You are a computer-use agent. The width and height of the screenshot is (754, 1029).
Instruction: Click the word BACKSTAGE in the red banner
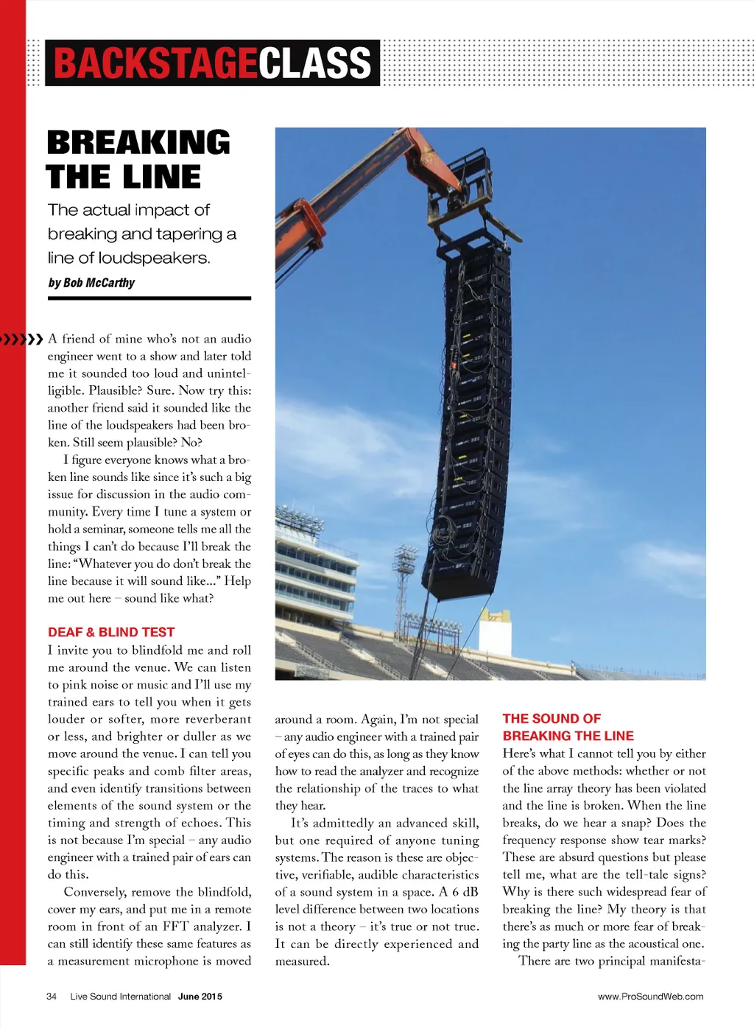coord(155,63)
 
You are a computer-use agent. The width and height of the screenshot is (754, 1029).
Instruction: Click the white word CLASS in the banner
coord(315,63)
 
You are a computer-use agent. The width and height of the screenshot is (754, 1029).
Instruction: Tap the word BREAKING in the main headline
coord(138,142)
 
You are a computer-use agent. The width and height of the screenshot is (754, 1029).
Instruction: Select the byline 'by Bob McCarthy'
coord(91,283)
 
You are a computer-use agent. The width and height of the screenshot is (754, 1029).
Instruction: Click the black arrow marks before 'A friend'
coord(22,340)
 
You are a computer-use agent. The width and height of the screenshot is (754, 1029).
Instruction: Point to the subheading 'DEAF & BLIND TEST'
coord(111,632)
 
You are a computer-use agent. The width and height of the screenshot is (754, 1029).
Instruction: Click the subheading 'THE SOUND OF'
coord(552,719)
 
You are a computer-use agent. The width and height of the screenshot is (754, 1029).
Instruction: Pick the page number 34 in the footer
coord(52,997)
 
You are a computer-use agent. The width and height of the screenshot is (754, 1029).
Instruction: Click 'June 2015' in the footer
coord(200,997)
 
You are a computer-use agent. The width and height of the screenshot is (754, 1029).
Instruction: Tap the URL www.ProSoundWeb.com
coord(650,997)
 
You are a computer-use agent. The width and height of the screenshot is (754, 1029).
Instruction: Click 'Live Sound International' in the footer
coord(120,997)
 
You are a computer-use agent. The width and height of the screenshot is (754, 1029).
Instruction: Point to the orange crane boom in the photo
coord(353,184)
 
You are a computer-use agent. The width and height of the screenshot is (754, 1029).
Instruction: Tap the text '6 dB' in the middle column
coord(465,892)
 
